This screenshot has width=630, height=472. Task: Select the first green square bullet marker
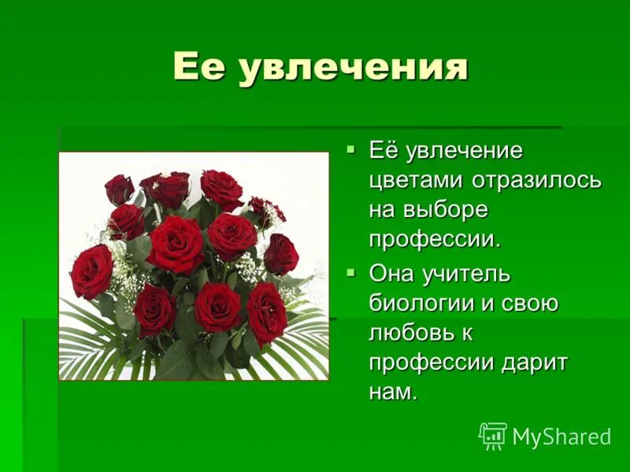click(x=351, y=148)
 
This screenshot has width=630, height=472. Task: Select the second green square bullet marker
click(x=351, y=272)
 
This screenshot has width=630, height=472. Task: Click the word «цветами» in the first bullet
click(x=417, y=179)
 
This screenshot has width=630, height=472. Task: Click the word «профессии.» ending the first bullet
click(x=435, y=239)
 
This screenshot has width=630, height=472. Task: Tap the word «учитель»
click(x=469, y=275)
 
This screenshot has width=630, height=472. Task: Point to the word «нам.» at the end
click(x=392, y=393)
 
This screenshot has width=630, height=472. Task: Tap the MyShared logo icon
click(x=493, y=436)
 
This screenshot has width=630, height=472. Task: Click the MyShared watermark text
click(x=561, y=437)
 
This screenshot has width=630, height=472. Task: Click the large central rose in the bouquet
click(x=175, y=244)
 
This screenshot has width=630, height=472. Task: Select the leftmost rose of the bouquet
click(x=92, y=271)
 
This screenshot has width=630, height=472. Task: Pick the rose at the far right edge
click(x=281, y=254)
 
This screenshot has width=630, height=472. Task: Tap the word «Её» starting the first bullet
click(x=384, y=149)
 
